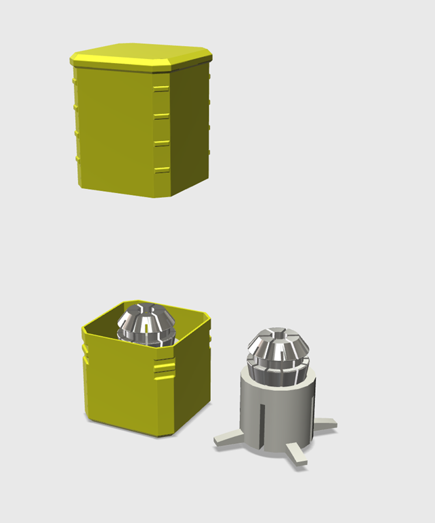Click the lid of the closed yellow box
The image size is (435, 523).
pos(141,55)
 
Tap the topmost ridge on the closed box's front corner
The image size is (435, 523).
pos(161,88)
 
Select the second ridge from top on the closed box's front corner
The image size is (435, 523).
pos(161,116)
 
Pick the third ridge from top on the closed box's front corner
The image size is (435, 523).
pos(161,143)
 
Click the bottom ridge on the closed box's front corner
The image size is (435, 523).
pos(161,169)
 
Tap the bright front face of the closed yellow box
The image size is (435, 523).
pos(115,129)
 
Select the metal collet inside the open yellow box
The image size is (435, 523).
pos(145,325)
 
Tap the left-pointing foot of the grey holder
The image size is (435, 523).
pos(228,438)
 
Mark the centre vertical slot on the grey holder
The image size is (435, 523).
pos(260,420)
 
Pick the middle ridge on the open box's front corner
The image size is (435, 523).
pos(165,369)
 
